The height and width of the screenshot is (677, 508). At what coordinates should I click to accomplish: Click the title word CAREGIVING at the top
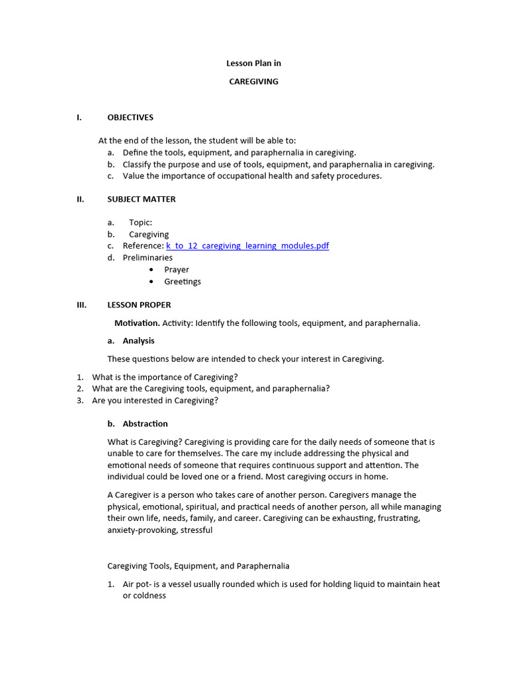(253, 82)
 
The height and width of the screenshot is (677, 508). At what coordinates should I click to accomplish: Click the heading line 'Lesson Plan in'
(254, 63)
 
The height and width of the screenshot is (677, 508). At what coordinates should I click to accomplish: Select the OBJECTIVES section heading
(130, 118)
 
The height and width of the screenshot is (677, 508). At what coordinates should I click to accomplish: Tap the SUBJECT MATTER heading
(142, 199)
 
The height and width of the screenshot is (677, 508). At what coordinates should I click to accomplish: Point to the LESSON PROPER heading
(139, 305)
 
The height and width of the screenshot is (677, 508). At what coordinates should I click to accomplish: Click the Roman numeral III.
(82, 305)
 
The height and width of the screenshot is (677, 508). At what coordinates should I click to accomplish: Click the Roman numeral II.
(81, 199)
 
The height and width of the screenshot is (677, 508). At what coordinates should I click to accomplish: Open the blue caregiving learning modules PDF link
(247, 246)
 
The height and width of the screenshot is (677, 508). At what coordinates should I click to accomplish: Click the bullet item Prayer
(177, 270)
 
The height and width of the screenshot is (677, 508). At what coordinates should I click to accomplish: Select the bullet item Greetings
(183, 282)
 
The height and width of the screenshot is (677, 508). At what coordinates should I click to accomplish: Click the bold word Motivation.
(137, 323)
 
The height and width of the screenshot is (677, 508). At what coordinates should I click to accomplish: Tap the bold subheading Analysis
(138, 341)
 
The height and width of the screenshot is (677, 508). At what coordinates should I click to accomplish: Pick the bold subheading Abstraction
(145, 424)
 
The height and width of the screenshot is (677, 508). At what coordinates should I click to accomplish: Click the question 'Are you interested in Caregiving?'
(155, 401)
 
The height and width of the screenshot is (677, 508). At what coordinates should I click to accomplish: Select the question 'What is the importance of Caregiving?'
(165, 377)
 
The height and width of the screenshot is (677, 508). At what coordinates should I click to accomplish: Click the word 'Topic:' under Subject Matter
(140, 223)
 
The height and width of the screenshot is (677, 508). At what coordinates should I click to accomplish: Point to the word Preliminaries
(148, 258)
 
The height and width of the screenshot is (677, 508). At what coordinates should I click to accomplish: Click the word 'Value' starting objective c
(134, 177)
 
